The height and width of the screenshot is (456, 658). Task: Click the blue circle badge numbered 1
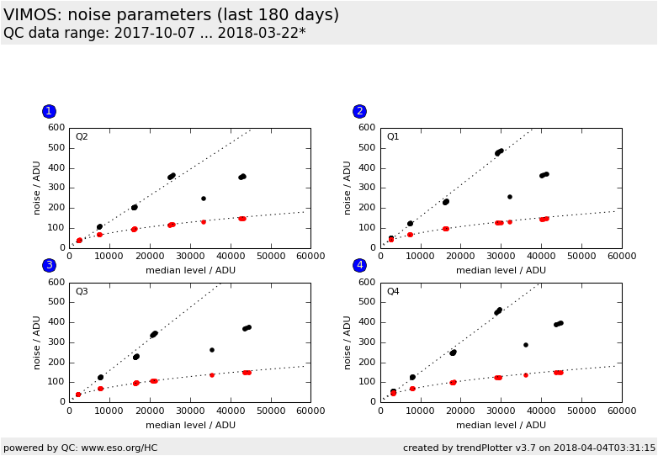(x=49, y=111)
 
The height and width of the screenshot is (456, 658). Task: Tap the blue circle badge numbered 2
(x=359, y=111)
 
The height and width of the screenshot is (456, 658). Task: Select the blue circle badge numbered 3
(x=49, y=265)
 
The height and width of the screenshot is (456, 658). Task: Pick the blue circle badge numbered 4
(x=359, y=265)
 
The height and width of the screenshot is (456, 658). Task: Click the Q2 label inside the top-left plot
(x=82, y=137)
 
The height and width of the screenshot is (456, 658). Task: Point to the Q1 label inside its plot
(x=393, y=137)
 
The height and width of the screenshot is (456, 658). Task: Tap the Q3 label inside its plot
(x=82, y=292)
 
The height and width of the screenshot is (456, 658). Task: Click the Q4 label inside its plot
(x=393, y=292)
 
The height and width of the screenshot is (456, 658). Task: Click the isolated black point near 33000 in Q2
(x=204, y=199)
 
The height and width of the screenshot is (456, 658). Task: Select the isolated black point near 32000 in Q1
(x=510, y=197)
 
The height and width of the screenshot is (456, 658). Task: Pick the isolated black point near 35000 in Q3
(x=212, y=350)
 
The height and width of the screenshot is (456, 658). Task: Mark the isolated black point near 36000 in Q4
(x=526, y=345)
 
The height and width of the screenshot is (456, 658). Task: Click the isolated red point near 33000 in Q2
(x=204, y=222)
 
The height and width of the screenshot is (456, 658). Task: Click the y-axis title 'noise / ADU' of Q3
(x=37, y=342)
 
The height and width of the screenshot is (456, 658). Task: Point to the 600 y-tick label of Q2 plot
(x=56, y=128)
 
